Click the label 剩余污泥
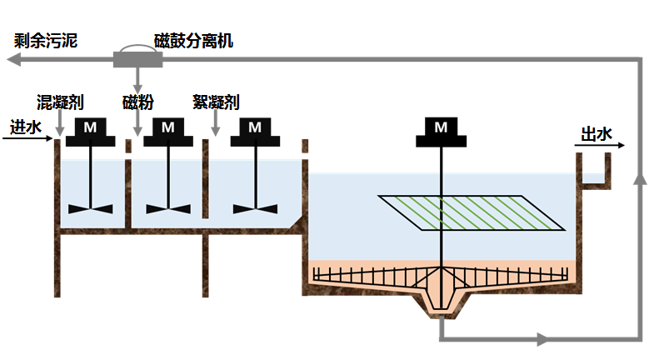pyautogui.click(x=46, y=40)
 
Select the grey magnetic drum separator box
pyautogui.click(x=137, y=59)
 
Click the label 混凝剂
pyautogui.click(x=61, y=102)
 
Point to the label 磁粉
pyautogui.click(x=138, y=102)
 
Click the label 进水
pyautogui.click(x=25, y=127)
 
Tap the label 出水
pyautogui.click(x=596, y=133)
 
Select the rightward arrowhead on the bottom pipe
pyautogui.click(x=542, y=339)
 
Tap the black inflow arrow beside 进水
pyautogui.click(x=29, y=137)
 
